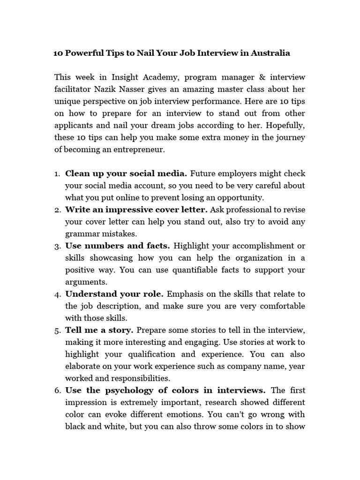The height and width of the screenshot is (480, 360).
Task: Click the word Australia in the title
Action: point(270,53)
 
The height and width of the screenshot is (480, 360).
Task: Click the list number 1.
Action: point(57,174)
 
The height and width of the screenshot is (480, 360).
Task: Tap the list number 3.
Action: point(57,246)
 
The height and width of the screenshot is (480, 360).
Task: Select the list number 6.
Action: point(57,390)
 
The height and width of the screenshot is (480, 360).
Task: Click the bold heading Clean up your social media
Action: point(126,173)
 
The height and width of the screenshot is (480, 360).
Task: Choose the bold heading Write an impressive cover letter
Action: point(136,210)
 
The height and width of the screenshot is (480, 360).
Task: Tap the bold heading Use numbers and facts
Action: point(117,246)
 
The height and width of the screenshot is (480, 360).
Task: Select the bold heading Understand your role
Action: point(114,294)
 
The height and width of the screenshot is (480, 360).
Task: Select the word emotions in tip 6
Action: point(225,414)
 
